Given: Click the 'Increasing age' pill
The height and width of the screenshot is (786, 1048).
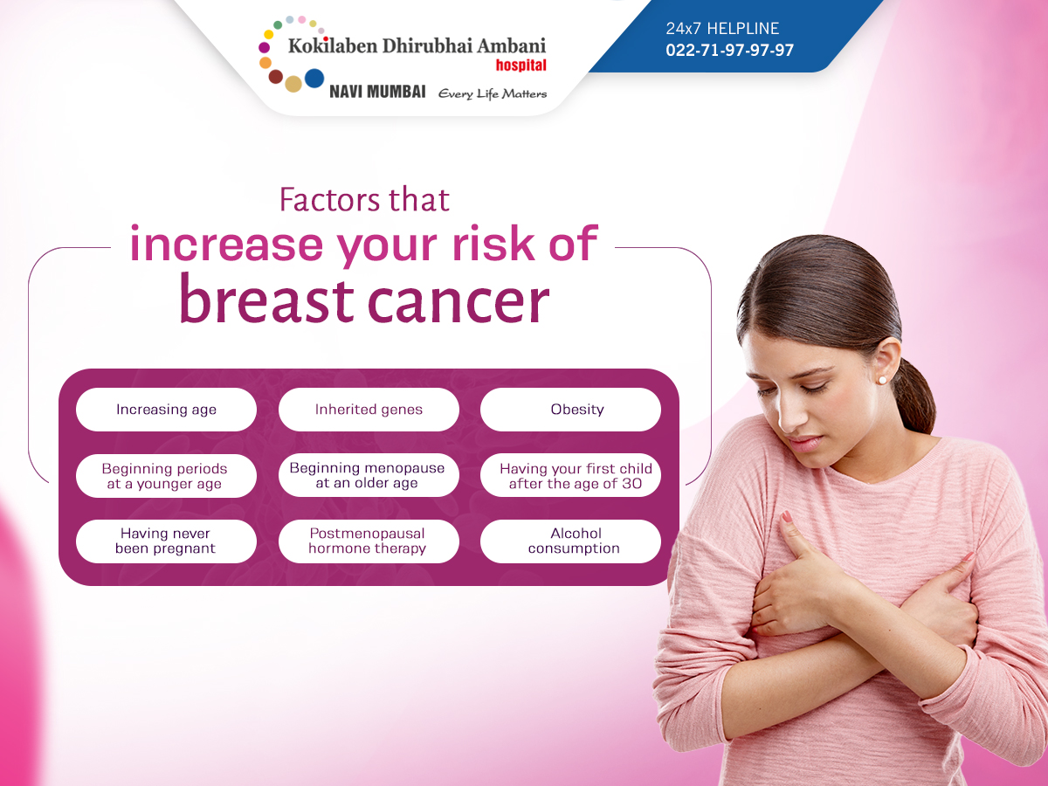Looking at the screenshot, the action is point(166,410).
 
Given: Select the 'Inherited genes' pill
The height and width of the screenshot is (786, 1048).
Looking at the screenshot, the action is point(369,410).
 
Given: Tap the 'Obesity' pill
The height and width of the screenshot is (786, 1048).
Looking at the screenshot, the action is point(570,410).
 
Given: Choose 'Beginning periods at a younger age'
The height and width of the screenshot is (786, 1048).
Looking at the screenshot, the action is point(166,476).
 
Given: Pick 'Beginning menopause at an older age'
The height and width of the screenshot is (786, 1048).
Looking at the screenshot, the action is point(369,475).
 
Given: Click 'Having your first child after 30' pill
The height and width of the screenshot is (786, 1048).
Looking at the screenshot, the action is point(570,475).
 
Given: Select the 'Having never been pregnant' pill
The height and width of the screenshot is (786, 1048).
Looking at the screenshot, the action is point(166,541).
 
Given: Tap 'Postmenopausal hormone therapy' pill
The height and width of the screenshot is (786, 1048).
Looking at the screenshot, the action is point(369,541).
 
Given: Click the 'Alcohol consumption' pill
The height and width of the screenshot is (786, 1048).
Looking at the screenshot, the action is point(570,541).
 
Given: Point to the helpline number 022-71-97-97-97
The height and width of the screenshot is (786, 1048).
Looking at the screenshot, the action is point(729,50).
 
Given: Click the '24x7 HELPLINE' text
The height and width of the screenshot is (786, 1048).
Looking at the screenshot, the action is point(722,29).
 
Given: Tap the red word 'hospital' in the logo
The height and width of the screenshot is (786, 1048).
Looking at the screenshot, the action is point(521,65).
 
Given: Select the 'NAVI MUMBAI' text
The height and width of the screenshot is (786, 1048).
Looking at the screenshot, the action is point(377,92).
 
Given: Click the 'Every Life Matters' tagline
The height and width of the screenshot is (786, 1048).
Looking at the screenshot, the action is point(493,93).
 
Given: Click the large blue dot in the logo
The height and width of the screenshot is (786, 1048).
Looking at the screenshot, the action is point(314,79).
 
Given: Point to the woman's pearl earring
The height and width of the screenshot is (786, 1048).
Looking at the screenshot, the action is point(882,380).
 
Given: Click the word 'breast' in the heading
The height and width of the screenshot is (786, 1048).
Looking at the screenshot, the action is point(266,300).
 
